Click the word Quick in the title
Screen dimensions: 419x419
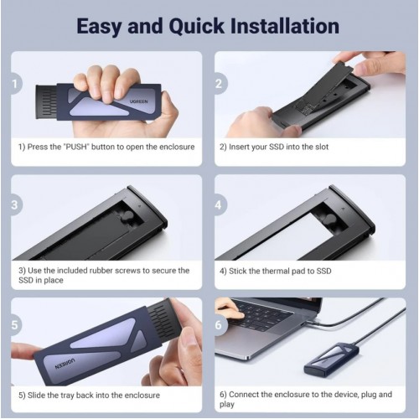click(x=196, y=27)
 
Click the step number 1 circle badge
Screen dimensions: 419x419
click(x=15, y=84)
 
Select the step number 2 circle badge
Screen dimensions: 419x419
click(x=220, y=84)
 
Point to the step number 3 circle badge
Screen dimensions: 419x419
click(x=15, y=204)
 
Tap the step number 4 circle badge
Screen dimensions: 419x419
click(x=220, y=204)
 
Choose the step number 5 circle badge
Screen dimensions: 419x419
click(x=15, y=325)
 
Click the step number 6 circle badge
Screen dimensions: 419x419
click(x=220, y=325)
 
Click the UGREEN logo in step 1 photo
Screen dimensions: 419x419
click(x=139, y=101)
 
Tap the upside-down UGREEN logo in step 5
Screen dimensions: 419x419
click(x=65, y=364)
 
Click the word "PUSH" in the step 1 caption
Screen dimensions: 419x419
click(x=75, y=147)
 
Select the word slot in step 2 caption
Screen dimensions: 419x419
click(x=322, y=147)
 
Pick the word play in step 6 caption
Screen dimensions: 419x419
click(x=227, y=405)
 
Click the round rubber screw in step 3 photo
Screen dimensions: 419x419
click(x=127, y=217)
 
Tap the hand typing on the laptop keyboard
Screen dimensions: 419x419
click(x=228, y=308)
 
